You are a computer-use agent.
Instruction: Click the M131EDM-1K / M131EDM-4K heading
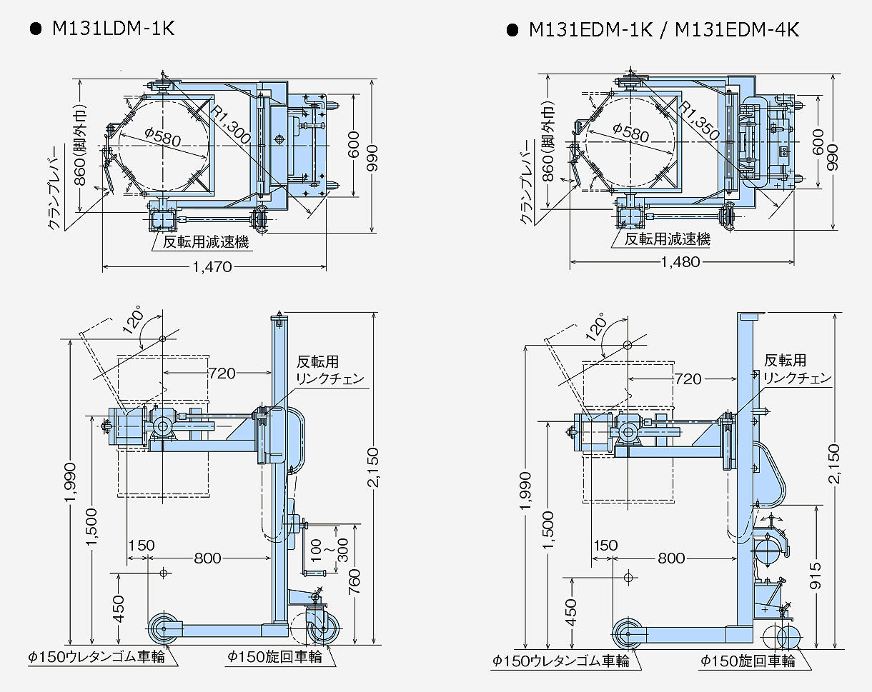pyautogui.click(x=663, y=29)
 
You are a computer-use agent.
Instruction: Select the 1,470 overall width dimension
pyautogui.click(x=212, y=267)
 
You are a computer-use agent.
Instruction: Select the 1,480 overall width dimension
pyautogui.click(x=680, y=262)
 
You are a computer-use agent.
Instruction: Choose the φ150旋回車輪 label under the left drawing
pyautogui.click(x=274, y=656)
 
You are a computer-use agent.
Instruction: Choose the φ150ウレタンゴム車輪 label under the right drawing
pyautogui.click(x=560, y=661)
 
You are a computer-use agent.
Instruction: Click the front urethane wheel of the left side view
pyautogui.click(x=164, y=629)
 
